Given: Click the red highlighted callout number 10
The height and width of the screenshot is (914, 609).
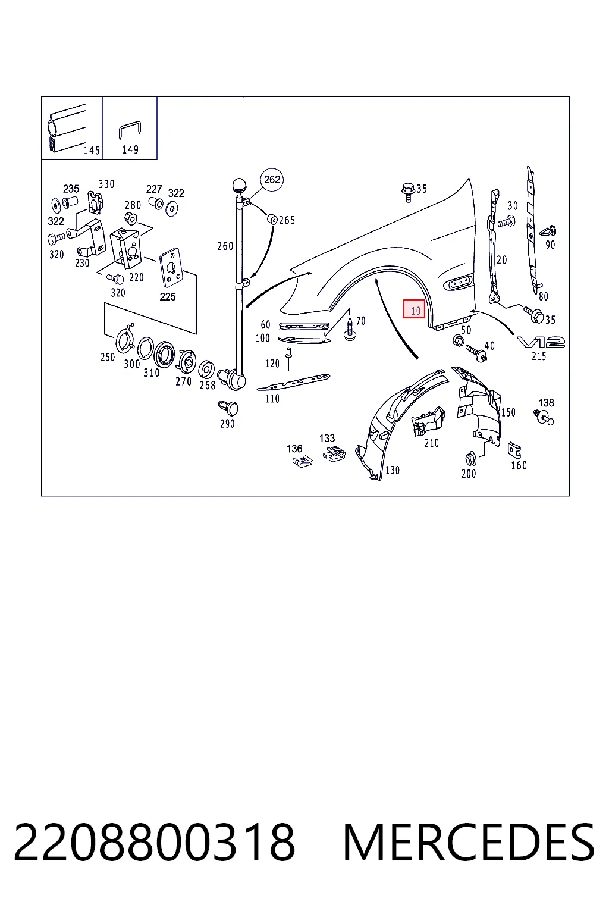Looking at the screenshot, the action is [414, 309].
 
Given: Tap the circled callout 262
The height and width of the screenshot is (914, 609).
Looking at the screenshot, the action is [272, 180].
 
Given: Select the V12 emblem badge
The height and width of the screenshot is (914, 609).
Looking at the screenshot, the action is [541, 342].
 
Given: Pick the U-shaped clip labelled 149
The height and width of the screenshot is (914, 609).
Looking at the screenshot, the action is [130, 130].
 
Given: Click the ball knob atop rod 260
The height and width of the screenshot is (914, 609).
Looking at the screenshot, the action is [240, 184].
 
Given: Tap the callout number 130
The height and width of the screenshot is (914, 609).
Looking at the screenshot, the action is [393, 471].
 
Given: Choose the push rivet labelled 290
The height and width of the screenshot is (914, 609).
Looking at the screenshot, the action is [229, 407].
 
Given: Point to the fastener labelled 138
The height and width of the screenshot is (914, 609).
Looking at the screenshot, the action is [544, 417].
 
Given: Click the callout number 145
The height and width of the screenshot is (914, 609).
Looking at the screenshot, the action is [92, 151].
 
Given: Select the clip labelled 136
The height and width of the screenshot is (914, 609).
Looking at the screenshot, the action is [303, 462].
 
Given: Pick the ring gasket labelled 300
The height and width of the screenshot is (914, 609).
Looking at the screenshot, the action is [146, 349].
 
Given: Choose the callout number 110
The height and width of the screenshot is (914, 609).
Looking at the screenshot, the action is [272, 399].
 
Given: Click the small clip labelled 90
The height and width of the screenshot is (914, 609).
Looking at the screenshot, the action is [548, 231].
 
